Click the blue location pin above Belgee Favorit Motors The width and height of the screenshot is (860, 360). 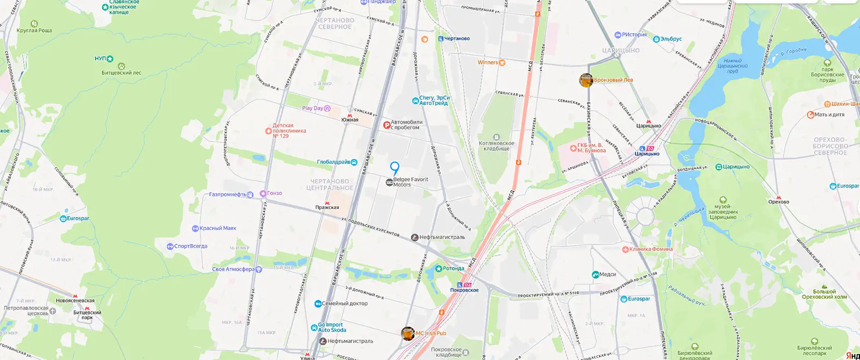[x=395, y=168]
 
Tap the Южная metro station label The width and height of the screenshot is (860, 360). [x=350, y=119]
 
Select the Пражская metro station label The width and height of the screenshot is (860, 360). [x=327, y=207]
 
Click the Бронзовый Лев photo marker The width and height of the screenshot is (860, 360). [x=586, y=80]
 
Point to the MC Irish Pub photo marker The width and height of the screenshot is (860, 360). [x=408, y=333]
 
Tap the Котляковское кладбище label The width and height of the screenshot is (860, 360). [x=496, y=146]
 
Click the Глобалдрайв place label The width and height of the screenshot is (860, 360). [x=334, y=162]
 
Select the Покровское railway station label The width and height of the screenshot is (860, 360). [x=464, y=290]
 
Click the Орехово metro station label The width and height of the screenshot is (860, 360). [x=778, y=201]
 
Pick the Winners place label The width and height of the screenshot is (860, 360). [x=488, y=62]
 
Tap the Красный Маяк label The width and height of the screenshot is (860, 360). [x=218, y=228]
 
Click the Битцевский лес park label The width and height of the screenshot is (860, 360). [x=121, y=73]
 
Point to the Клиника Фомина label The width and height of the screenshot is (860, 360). [x=650, y=249]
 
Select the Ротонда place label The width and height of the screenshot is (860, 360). [x=453, y=268]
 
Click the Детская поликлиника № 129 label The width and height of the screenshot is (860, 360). [x=289, y=131]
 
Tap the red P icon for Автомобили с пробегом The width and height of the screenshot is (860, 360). [x=386, y=125]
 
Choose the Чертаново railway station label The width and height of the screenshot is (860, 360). [x=456, y=39]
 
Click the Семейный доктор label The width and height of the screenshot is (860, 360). [x=345, y=304]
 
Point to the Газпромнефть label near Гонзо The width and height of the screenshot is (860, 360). [x=227, y=195]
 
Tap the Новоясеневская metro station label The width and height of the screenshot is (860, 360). [x=75, y=300]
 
